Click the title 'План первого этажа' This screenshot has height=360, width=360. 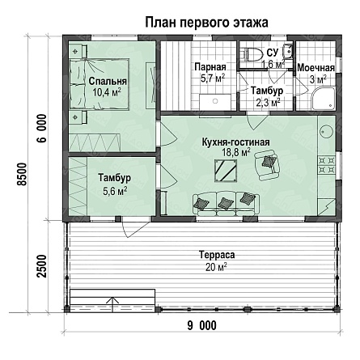(206, 23)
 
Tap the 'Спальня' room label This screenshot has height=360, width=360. (108, 81)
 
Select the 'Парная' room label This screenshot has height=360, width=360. (210, 66)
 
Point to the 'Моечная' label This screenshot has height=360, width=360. (316, 68)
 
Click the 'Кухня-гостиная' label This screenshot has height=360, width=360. (236, 142)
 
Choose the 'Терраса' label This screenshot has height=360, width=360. (217, 254)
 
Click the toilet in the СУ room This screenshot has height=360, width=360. (253, 54)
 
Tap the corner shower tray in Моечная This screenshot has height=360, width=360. (324, 98)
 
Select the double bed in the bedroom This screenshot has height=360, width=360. (99, 84)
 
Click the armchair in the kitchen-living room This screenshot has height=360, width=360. (268, 165)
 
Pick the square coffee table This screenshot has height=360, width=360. (226, 171)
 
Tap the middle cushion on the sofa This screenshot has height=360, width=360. (225, 203)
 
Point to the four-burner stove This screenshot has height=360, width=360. (327, 165)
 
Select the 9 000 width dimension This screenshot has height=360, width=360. (202, 325)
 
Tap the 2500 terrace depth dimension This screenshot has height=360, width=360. (42, 265)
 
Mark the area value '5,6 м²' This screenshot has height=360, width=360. (115, 191)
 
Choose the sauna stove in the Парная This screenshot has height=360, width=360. (215, 102)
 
